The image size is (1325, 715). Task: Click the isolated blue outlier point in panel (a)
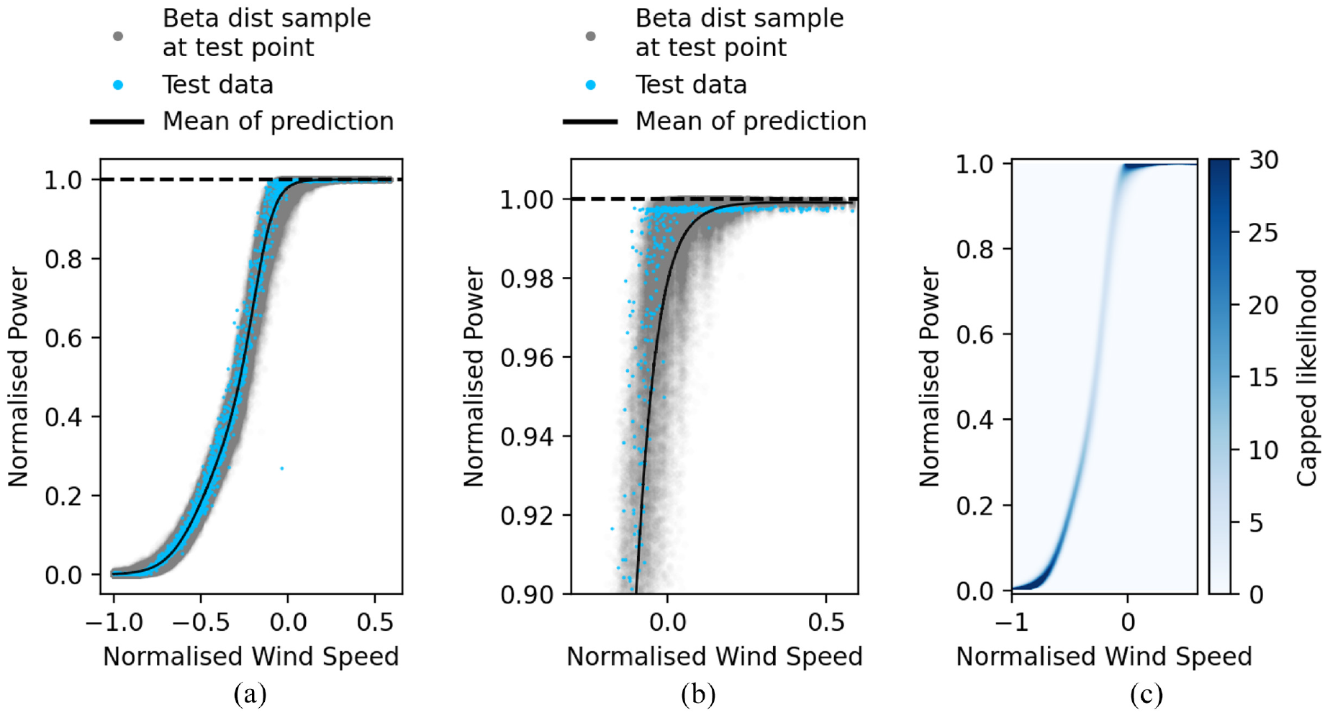tap(281, 468)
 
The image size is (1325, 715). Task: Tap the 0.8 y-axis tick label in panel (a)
tap(63, 259)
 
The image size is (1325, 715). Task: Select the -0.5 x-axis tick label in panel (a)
tap(201, 622)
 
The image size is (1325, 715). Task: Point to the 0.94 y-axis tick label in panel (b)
tap(527, 437)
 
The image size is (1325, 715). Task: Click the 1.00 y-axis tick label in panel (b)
tap(527, 199)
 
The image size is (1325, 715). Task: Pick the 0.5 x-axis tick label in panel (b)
tap(826, 622)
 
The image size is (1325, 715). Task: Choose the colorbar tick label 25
tap(1263, 233)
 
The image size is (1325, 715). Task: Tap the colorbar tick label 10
tap(1263, 450)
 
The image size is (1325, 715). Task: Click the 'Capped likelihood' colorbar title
tap(1306, 378)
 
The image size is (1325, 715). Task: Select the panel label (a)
tap(250, 694)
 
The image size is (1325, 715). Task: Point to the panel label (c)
tap(1146, 694)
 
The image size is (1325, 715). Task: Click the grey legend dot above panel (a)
tap(118, 35)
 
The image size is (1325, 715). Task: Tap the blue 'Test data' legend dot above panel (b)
tap(591, 85)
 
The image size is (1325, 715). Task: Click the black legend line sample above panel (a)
tap(117, 122)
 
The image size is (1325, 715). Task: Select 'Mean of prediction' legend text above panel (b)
tap(751, 121)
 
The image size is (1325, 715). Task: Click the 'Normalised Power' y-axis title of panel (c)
tap(929, 377)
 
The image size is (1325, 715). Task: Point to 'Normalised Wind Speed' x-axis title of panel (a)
tap(250, 656)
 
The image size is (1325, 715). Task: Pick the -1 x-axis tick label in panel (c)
tap(1012, 621)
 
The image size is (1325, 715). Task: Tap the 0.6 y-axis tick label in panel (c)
tap(975, 334)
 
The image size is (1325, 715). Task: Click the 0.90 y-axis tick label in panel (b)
tap(527, 595)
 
